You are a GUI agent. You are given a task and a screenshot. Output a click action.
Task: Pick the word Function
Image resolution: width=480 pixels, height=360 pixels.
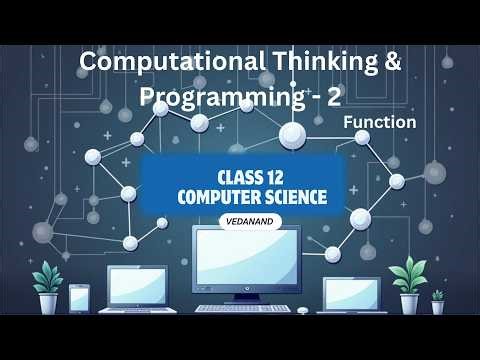379,122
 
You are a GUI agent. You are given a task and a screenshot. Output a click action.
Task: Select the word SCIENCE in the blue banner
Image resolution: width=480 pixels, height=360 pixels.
294,196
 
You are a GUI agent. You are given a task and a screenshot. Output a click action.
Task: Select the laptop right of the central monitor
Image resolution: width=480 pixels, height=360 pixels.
353,294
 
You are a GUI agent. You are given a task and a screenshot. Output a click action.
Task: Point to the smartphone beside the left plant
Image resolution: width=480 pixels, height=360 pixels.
79,298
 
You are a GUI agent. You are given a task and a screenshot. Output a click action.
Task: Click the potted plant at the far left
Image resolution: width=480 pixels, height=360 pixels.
46,286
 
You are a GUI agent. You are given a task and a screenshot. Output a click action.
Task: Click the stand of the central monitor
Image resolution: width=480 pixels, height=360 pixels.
245,294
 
